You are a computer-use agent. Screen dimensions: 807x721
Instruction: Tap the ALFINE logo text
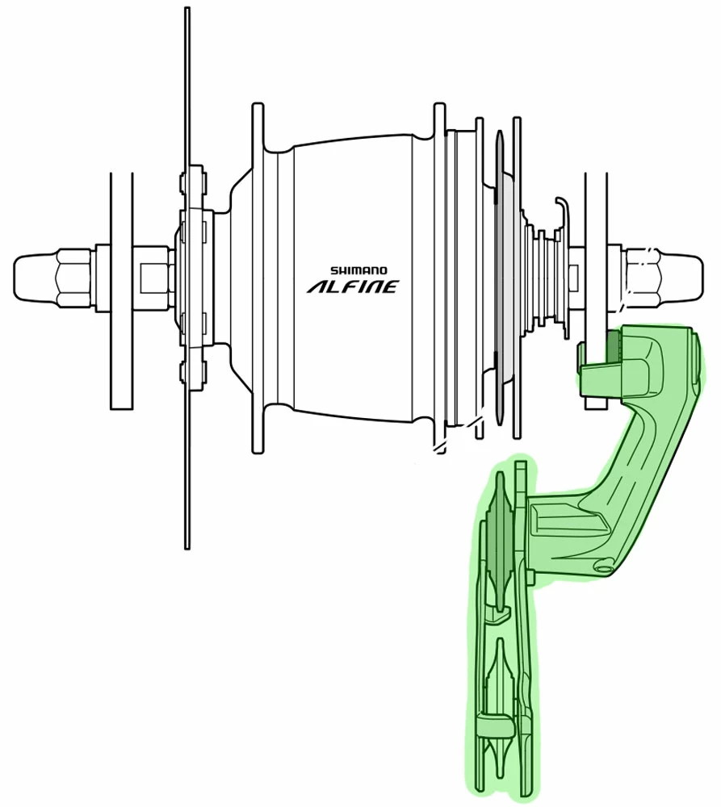(x=352, y=286)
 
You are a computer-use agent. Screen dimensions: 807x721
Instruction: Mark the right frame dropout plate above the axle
(x=595, y=210)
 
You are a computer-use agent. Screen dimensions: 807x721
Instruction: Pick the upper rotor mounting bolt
(x=193, y=182)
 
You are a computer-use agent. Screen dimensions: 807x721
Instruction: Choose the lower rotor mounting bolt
(x=193, y=372)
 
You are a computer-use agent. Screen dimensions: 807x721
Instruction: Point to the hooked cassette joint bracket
(x=563, y=211)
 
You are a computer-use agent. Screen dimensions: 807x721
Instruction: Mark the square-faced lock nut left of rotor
(x=154, y=278)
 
